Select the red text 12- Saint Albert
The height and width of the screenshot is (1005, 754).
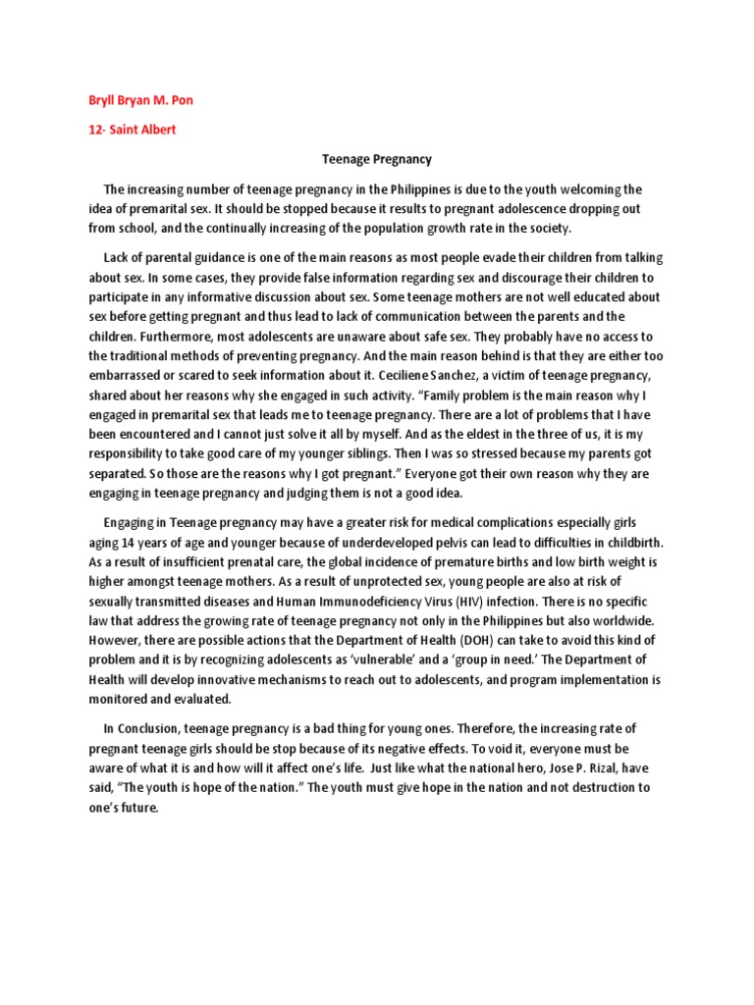[x=129, y=130]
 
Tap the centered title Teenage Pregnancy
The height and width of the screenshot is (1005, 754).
[x=377, y=158]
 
